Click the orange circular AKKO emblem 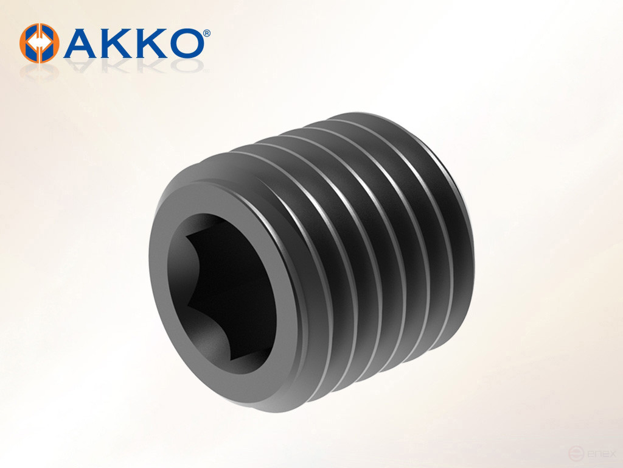[40, 43]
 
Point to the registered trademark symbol [207, 32]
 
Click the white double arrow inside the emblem [40, 43]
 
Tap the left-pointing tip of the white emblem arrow [30, 43]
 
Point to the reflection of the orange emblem [40, 69]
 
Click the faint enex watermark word [599, 454]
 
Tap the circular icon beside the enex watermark [574, 454]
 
